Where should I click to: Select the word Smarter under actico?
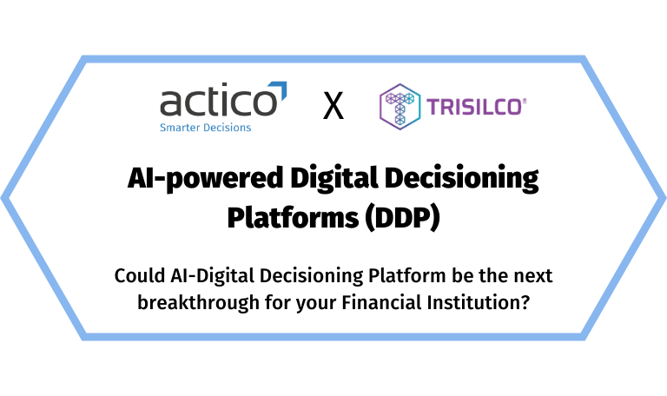pos(178,128)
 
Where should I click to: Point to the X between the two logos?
pos(333,108)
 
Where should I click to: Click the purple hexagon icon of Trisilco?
pos(400,107)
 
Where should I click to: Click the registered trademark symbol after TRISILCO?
pos(524,99)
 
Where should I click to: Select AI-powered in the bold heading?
pos(195,180)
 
